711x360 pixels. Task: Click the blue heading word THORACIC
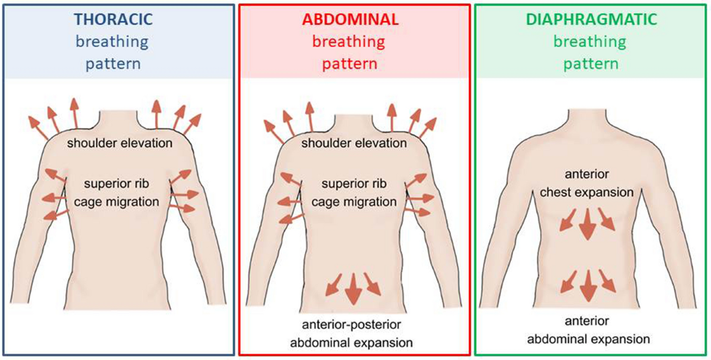click(x=113, y=20)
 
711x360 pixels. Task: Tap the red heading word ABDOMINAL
click(x=350, y=20)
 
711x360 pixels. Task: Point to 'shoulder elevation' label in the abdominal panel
click(x=354, y=143)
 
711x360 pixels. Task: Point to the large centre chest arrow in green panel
click(x=587, y=226)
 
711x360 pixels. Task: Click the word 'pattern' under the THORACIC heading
click(x=113, y=63)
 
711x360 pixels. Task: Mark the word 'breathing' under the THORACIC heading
click(x=113, y=41)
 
